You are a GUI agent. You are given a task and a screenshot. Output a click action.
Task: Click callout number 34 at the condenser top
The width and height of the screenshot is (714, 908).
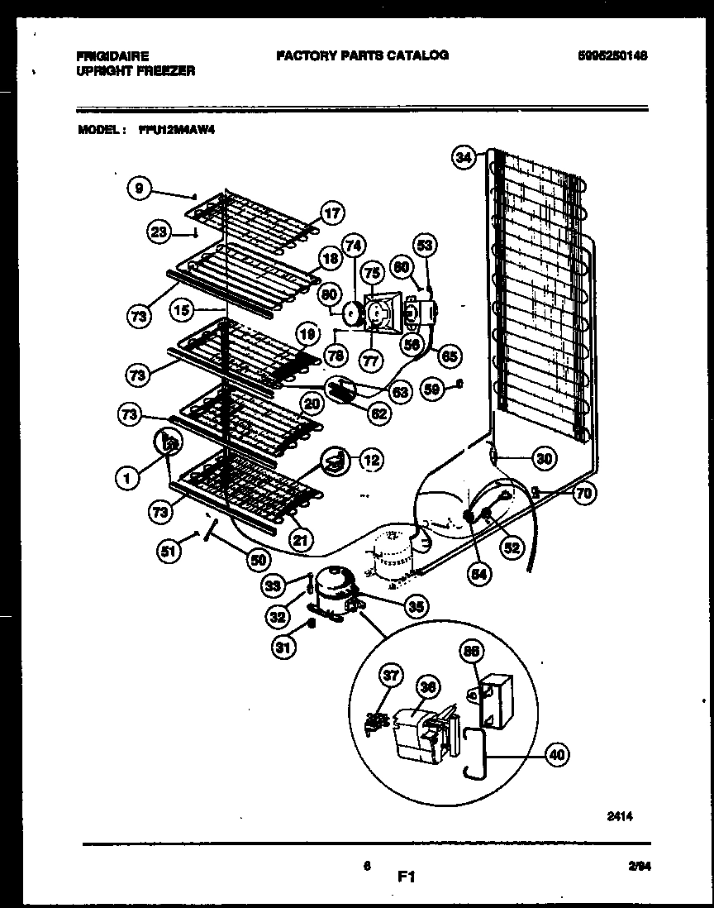click(x=464, y=156)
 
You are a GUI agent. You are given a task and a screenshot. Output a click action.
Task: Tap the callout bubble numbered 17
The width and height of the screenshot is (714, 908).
click(x=331, y=213)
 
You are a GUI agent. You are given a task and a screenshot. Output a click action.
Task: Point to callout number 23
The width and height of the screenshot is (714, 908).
click(x=158, y=233)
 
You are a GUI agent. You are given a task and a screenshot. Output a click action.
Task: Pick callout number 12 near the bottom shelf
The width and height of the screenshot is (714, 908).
click(x=371, y=458)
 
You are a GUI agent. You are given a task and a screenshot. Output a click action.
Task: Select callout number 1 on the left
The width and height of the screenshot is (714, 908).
click(x=126, y=476)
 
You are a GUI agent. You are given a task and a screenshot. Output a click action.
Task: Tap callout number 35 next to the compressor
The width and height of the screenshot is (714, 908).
click(x=416, y=606)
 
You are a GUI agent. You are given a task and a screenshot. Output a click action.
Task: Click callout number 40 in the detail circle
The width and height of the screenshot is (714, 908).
click(x=557, y=754)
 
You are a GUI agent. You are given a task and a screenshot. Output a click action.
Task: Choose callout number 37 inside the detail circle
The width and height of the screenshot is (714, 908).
click(x=390, y=676)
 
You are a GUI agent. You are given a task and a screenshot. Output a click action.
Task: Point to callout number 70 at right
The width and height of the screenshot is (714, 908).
click(x=583, y=495)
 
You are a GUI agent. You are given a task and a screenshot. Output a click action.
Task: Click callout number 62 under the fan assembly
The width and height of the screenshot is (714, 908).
click(x=379, y=413)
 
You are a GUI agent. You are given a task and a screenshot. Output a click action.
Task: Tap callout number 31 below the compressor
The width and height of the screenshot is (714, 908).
click(x=283, y=648)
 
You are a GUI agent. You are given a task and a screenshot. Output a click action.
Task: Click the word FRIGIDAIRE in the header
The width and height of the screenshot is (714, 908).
click(x=112, y=56)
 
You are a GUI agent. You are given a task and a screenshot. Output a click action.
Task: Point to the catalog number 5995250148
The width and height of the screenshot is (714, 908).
click(x=612, y=56)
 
